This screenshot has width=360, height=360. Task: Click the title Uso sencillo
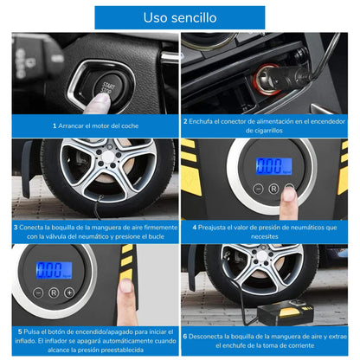tap(180, 17)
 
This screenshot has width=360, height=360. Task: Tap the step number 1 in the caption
tap(55, 125)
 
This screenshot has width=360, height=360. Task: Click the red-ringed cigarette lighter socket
tap(266, 79)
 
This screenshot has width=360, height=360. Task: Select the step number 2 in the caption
tap(185, 121)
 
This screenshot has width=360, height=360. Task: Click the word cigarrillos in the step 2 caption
tap(264, 131)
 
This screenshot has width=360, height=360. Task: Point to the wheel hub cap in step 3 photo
tap(108, 156)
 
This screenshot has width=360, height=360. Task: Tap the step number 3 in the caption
tap(16, 228)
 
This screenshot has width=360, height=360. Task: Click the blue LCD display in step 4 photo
tap(273, 166)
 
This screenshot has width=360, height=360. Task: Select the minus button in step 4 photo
tap(258, 189)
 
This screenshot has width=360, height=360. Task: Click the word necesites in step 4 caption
tap(265, 236)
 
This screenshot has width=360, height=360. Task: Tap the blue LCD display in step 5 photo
tap(54, 270)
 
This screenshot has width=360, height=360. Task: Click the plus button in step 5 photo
tap(69, 292)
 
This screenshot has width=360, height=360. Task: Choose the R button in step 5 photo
tap(54, 292)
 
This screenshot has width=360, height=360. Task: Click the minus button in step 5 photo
tap(38, 292)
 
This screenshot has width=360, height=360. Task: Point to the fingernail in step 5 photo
tap(125, 286)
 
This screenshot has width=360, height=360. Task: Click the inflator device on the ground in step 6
tap(285, 312)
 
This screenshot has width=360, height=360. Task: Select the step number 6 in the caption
tap(185, 337)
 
